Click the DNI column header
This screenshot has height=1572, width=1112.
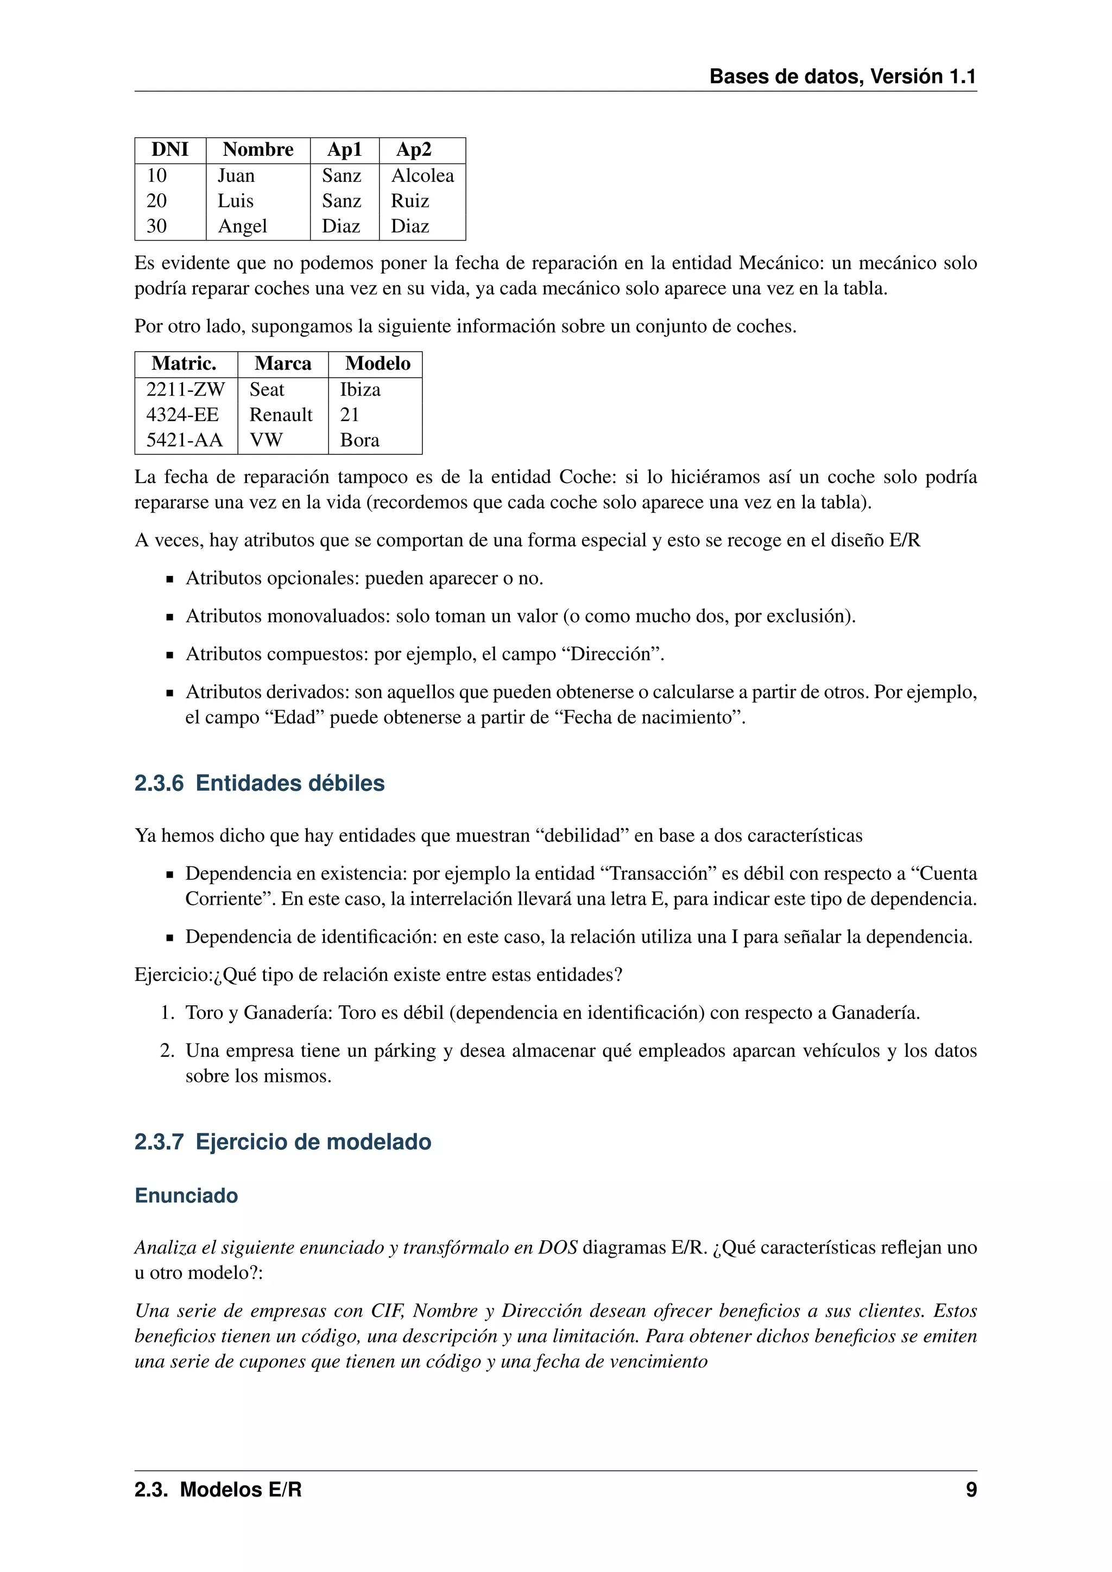[x=170, y=150]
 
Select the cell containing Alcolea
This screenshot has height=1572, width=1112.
[x=422, y=176]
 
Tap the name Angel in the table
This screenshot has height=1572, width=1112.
[x=242, y=226]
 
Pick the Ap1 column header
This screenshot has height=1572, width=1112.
[x=344, y=150]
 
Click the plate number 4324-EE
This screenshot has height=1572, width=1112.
[x=182, y=415]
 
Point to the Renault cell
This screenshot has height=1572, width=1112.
[x=281, y=415]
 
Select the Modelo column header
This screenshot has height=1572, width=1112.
[x=377, y=364]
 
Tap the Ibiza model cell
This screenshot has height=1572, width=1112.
[x=360, y=390]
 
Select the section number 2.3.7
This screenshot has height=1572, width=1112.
[x=159, y=1142]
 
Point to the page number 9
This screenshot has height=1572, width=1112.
[x=971, y=1490]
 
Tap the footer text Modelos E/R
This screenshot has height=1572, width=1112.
[x=241, y=1490]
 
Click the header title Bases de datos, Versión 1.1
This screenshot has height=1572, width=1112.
[x=842, y=77]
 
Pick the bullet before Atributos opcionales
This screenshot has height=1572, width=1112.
[x=170, y=579]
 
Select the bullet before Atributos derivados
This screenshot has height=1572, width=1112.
[x=170, y=693]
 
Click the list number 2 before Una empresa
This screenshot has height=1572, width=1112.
[x=167, y=1051]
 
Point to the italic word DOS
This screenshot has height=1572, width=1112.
[x=558, y=1247]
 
